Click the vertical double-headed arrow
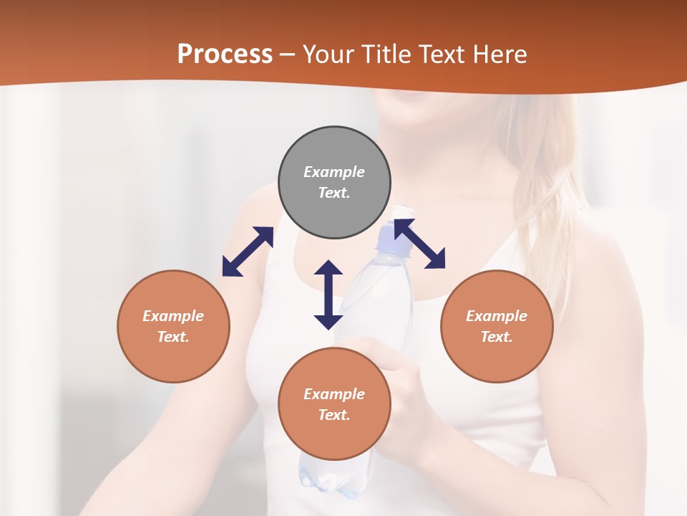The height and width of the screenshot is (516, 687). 328,295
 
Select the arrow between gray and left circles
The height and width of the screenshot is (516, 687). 248,252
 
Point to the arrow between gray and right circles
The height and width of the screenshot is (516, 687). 419,244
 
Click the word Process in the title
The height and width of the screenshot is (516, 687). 225,54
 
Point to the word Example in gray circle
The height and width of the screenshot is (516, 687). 334,172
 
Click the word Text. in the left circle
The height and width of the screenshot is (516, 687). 173,337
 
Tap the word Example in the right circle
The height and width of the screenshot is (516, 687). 497,316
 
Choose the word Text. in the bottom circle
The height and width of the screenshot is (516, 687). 334,415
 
